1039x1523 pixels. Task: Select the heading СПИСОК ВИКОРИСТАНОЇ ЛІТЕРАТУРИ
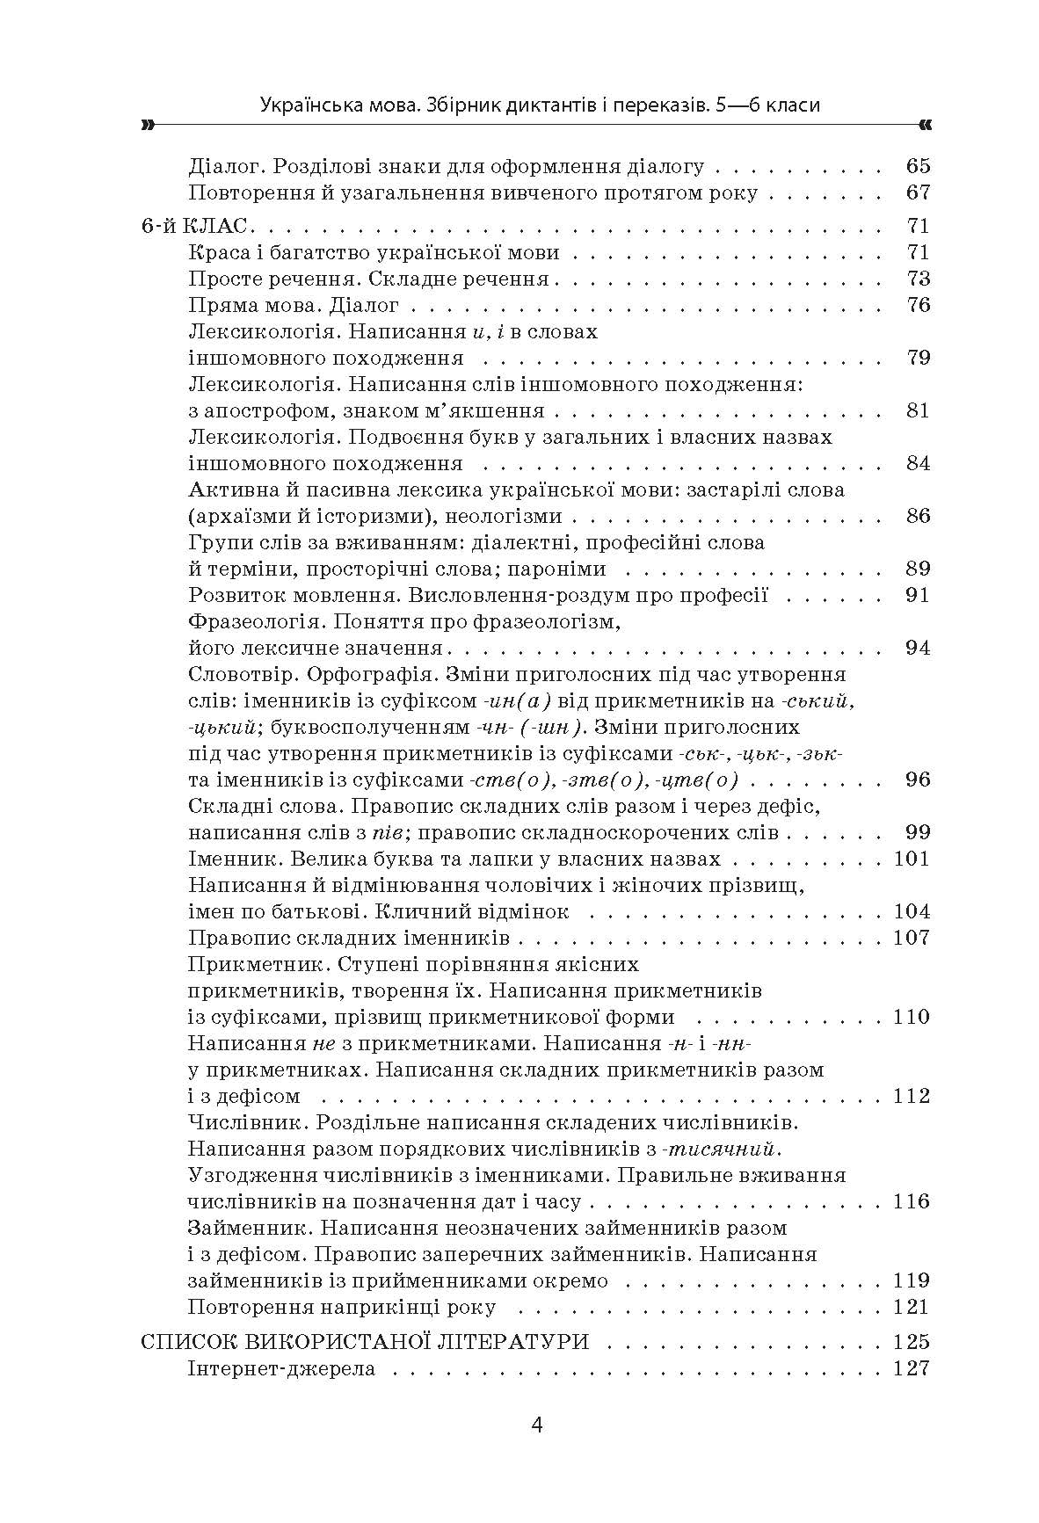[x=365, y=1342]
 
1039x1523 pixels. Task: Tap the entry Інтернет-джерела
[x=281, y=1368]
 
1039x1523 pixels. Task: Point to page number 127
[x=911, y=1368]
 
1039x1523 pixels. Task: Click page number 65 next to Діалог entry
[x=917, y=165]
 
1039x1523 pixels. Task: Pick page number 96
[x=917, y=780]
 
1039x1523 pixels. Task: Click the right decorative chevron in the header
[x=923, y=126]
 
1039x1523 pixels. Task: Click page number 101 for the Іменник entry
[x=911, y=859]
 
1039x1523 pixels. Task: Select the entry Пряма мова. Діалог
[x=294, y=305]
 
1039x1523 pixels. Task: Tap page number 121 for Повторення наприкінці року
[x=911, y=1307]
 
